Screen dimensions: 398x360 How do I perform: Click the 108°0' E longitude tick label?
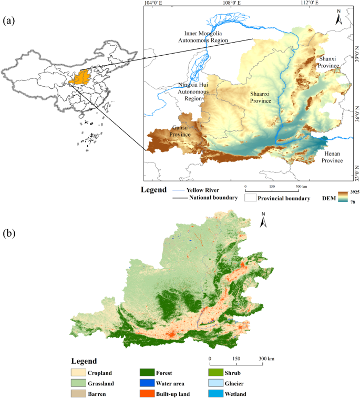tap(231, 3)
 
